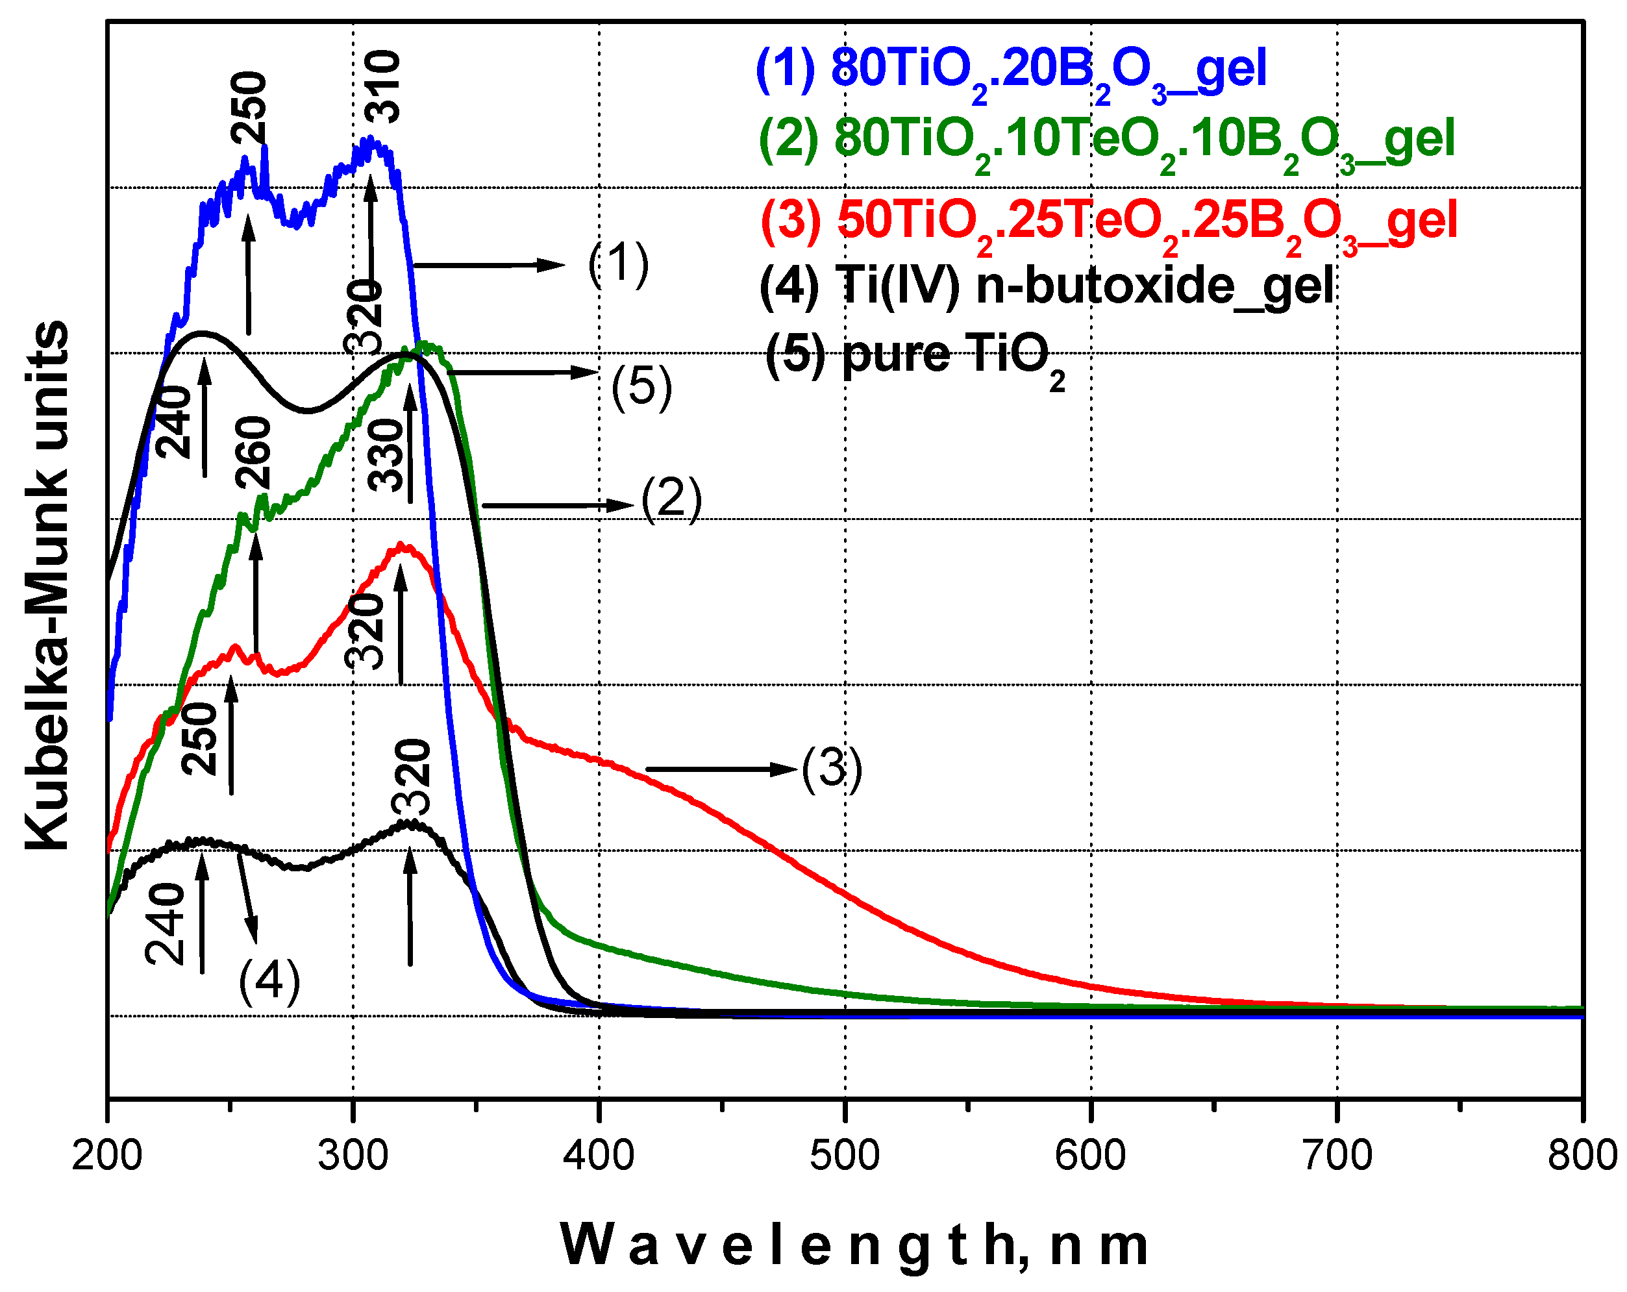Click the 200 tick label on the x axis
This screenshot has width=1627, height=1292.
click(x=107, y=1156)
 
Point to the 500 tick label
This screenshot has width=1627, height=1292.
click(x=845, y=1156)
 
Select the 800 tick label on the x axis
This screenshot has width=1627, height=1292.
click(x=1582, y=1156)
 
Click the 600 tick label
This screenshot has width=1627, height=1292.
click(x=1091, y=1156)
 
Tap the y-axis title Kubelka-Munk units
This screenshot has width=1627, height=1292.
click(x=47, y=585)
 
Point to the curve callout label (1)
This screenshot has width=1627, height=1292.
click(x=618, y=264)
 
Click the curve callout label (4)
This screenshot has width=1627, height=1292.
click(x=269, y=982)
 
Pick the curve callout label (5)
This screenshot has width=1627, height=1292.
click(x=641, y=387)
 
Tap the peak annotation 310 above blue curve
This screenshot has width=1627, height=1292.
click(x=382, y=87)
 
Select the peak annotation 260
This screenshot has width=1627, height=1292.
click(x=252, y=453)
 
